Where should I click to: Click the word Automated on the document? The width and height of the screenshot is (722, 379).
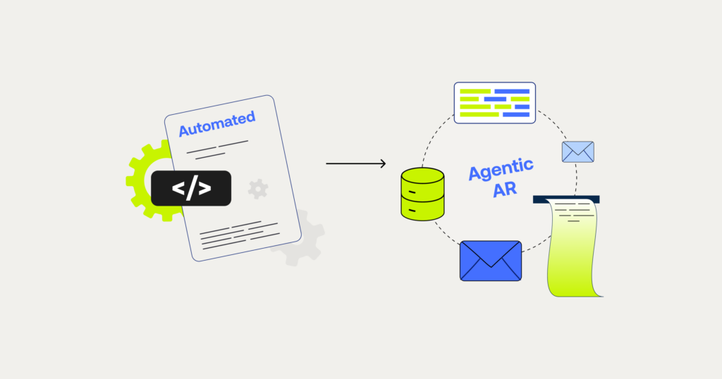point(216,124)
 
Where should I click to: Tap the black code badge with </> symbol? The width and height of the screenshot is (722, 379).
point(191,188)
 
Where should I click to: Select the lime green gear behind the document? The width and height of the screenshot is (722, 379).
point(141,176)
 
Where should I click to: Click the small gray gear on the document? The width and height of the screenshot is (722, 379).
point(258,188)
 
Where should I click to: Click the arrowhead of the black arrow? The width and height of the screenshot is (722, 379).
point(382,164)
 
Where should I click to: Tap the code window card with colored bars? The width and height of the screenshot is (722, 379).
point(494,103)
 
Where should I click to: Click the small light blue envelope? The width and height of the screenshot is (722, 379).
point(577,151)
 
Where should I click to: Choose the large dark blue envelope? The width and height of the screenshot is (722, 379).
point(490,261)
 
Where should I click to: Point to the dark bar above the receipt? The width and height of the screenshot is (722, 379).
point(566,199)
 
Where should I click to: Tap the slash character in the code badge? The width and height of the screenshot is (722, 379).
point(191,188)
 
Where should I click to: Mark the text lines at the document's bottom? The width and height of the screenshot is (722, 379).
point(233,235)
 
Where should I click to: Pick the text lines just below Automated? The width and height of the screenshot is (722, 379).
point(216,149)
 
